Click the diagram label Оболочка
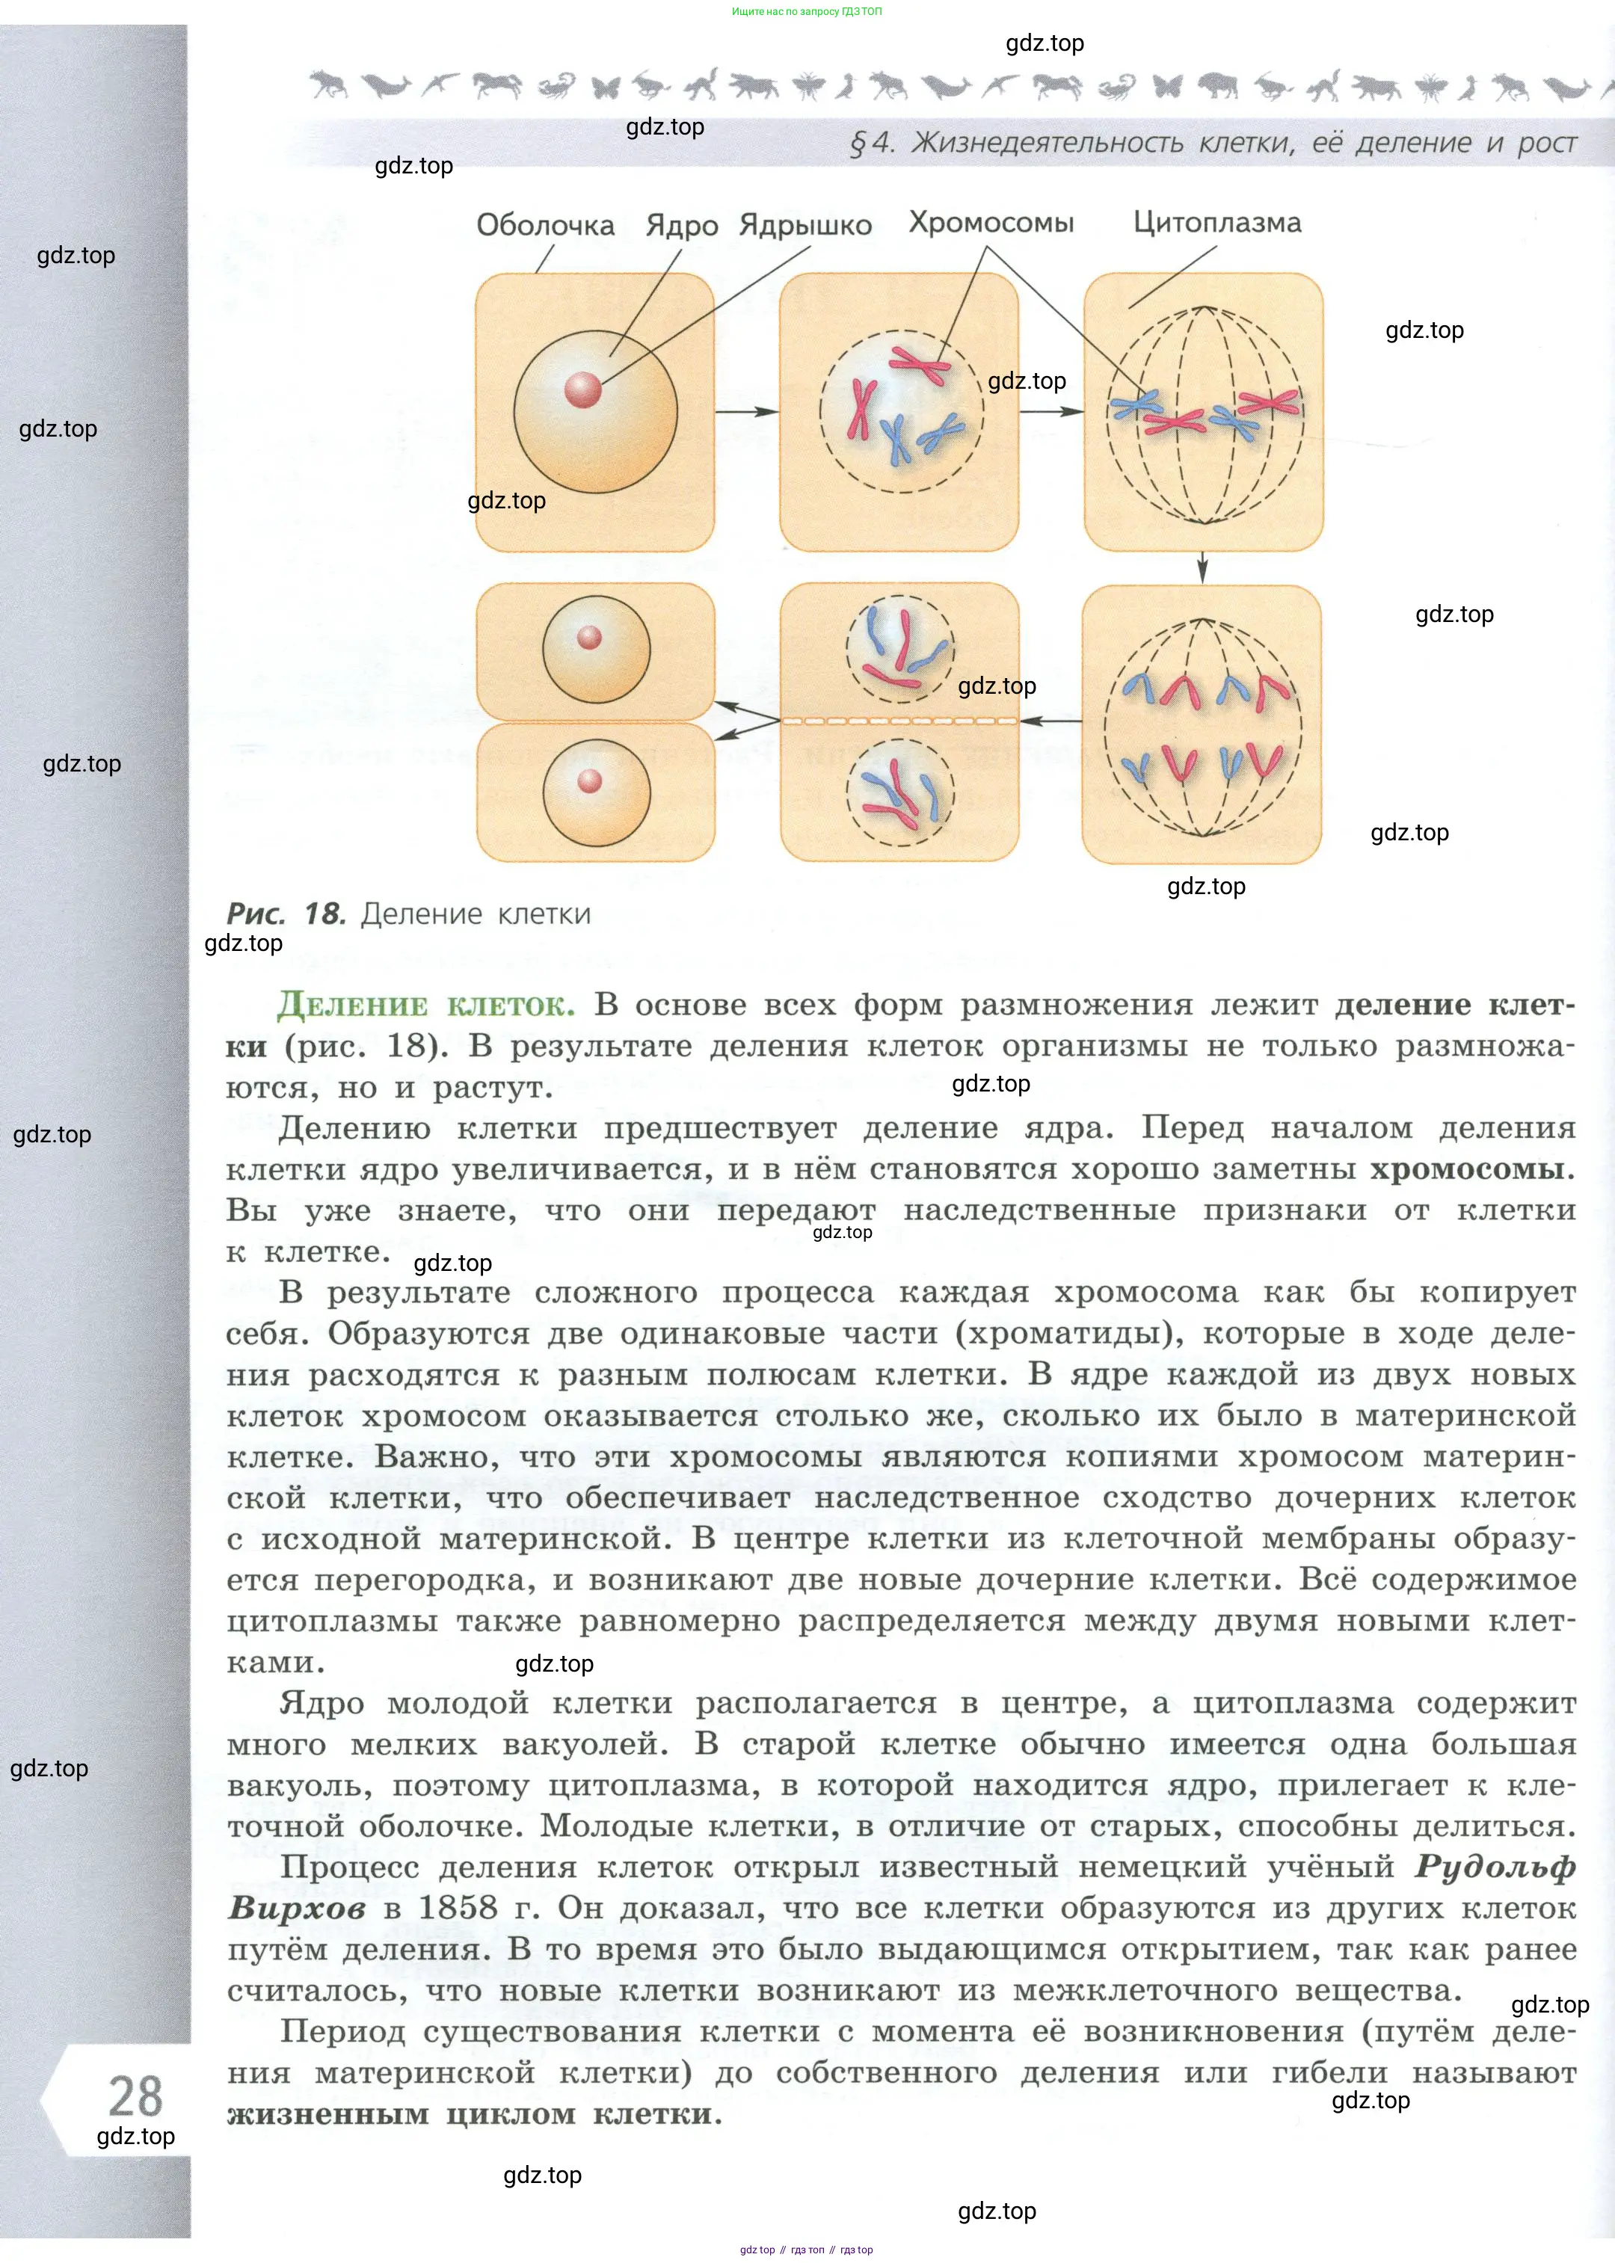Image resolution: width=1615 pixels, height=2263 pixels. coord(545,225)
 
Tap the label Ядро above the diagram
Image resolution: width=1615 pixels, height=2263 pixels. coord(681,226)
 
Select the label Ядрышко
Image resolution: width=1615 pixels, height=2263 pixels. coord(805,225)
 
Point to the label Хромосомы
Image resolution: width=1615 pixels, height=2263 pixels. coord(991,223)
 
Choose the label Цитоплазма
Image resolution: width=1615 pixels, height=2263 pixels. coord(1216,223)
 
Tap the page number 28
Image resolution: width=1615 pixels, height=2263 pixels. coord(135,2096)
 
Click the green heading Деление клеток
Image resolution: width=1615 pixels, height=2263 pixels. coord(425,1006)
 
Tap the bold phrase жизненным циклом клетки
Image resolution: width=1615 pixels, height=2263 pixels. coord(473,2114)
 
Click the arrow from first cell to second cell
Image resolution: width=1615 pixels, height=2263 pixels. coord(746,412)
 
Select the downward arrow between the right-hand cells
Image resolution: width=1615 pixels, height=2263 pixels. coord(1202,567)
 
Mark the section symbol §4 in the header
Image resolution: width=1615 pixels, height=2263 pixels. coord(871,144)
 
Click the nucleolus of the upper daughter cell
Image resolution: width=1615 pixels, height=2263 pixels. coord(590,638)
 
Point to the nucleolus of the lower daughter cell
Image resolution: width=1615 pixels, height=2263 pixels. coord(590,780)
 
